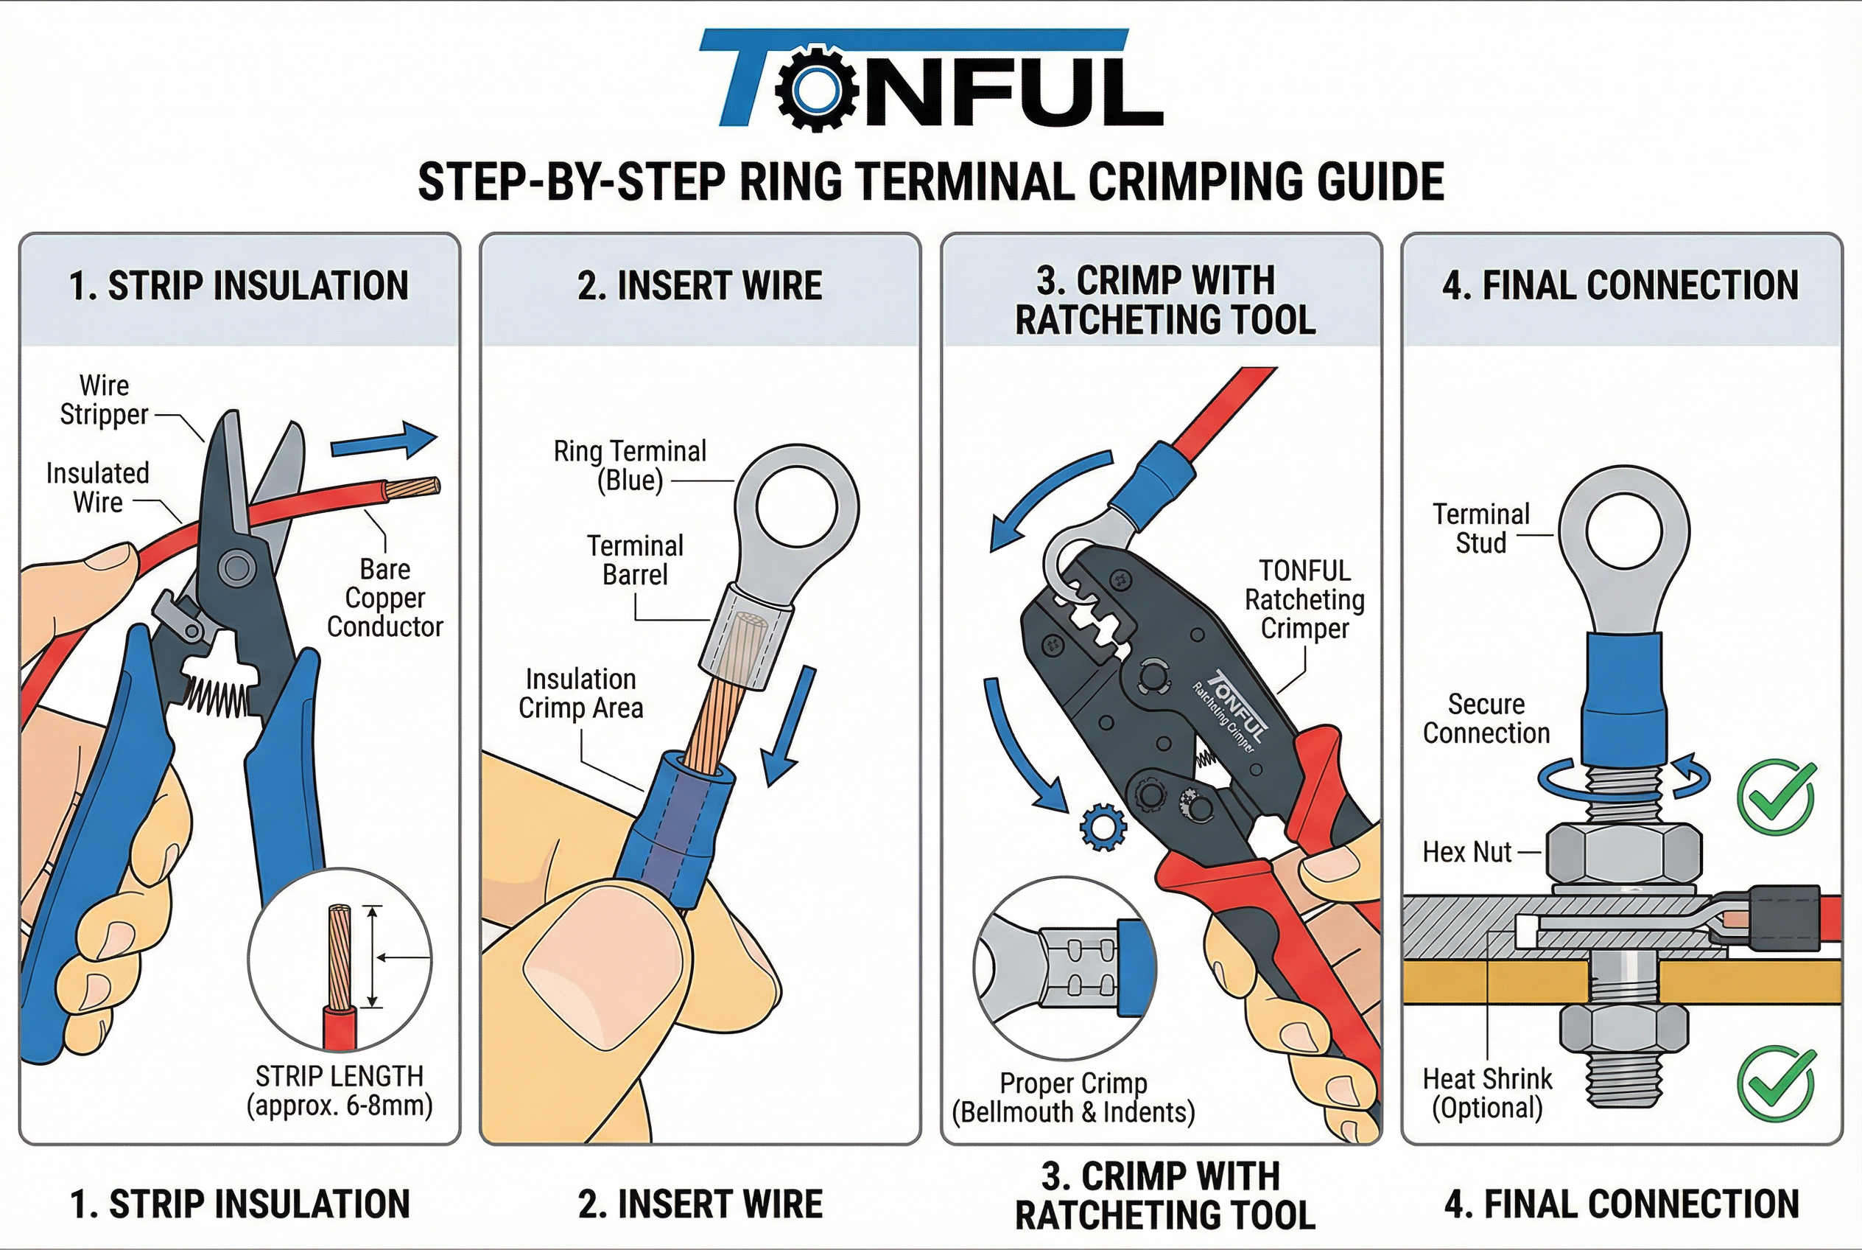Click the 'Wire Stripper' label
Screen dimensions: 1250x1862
[x=105, y=400]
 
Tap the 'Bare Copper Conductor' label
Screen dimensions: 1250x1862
[x=384, y=598]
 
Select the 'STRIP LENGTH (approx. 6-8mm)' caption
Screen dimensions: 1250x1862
[x=340, y=1091]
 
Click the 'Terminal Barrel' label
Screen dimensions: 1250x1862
[x=635, y=559]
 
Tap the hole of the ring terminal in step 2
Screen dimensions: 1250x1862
[x=796, y=506]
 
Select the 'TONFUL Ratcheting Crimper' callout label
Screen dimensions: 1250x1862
[x=1304, y=599]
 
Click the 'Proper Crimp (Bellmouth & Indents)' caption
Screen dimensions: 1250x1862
[x=1073, y=1097]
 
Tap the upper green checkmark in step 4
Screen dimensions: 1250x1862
[x=1776, y=797]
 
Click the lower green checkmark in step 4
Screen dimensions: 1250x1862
[x=1776, y=1083]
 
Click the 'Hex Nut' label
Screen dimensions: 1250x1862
[x=1466, y=852]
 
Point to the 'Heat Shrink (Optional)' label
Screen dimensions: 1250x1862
[x=1487, y=1093]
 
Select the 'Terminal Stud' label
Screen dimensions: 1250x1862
[x=1480, y=528]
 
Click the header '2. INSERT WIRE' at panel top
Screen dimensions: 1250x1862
[x=700, y=286]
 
